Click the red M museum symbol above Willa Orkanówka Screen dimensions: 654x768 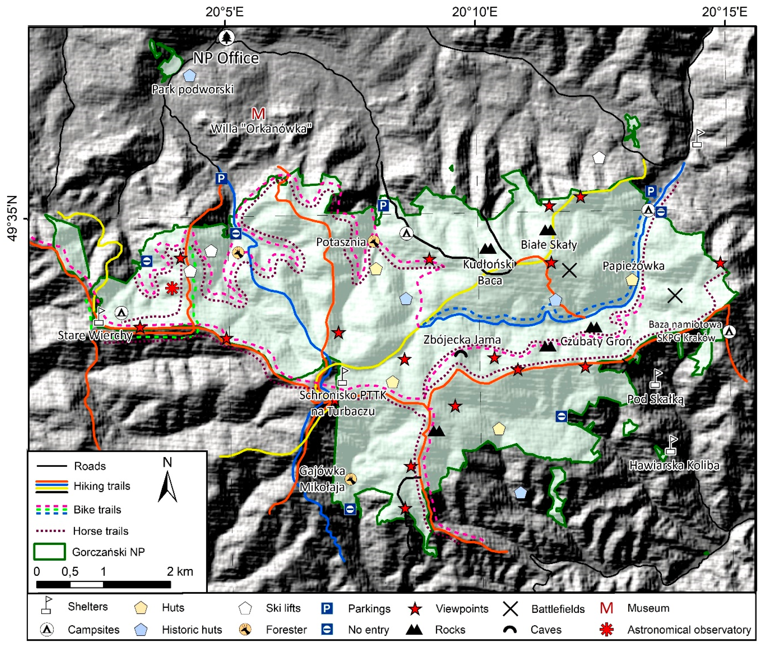(258, 113)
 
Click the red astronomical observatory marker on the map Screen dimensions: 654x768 (172, 288)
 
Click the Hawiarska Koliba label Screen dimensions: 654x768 (674, 465)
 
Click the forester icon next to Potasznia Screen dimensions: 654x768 (373, 241)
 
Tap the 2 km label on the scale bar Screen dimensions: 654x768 (180, 571)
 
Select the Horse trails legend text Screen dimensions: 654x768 (100, 531)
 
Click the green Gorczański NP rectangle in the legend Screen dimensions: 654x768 (49, 551)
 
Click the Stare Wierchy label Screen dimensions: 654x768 (95, 335)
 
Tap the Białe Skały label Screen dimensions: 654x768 (548, 245)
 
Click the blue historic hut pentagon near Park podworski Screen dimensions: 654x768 (190, 75)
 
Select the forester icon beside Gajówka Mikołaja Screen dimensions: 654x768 (350, 479)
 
